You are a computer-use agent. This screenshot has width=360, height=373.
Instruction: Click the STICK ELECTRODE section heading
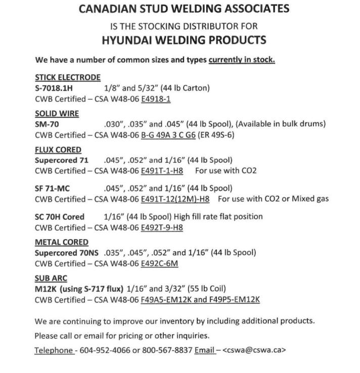(x=68, y=77)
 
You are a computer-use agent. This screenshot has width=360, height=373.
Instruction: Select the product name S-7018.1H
(x=54, y=87)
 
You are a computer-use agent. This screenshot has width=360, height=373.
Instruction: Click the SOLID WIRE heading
(x=57, y=114)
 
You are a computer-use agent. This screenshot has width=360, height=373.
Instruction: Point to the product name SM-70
(x=47, y=124)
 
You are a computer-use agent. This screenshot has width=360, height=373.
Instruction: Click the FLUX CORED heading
(x=58, y=150)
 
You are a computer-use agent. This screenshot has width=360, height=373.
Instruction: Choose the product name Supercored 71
(x=61, y=160)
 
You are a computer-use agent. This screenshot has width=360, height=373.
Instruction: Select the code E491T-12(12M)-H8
(x=175, y=199)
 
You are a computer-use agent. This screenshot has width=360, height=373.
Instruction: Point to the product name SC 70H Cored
(x=60, y=216)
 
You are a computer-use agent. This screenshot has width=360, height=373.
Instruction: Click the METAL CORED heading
(x=61, y=242)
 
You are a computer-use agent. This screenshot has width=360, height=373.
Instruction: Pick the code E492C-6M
(x=159, y=263)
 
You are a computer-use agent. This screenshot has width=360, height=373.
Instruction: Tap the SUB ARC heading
(x=51, y=278)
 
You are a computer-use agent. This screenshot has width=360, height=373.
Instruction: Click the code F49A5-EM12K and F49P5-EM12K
(x=200, y=300)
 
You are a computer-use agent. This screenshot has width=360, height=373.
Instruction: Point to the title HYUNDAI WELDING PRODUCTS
(x=184, y=40)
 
